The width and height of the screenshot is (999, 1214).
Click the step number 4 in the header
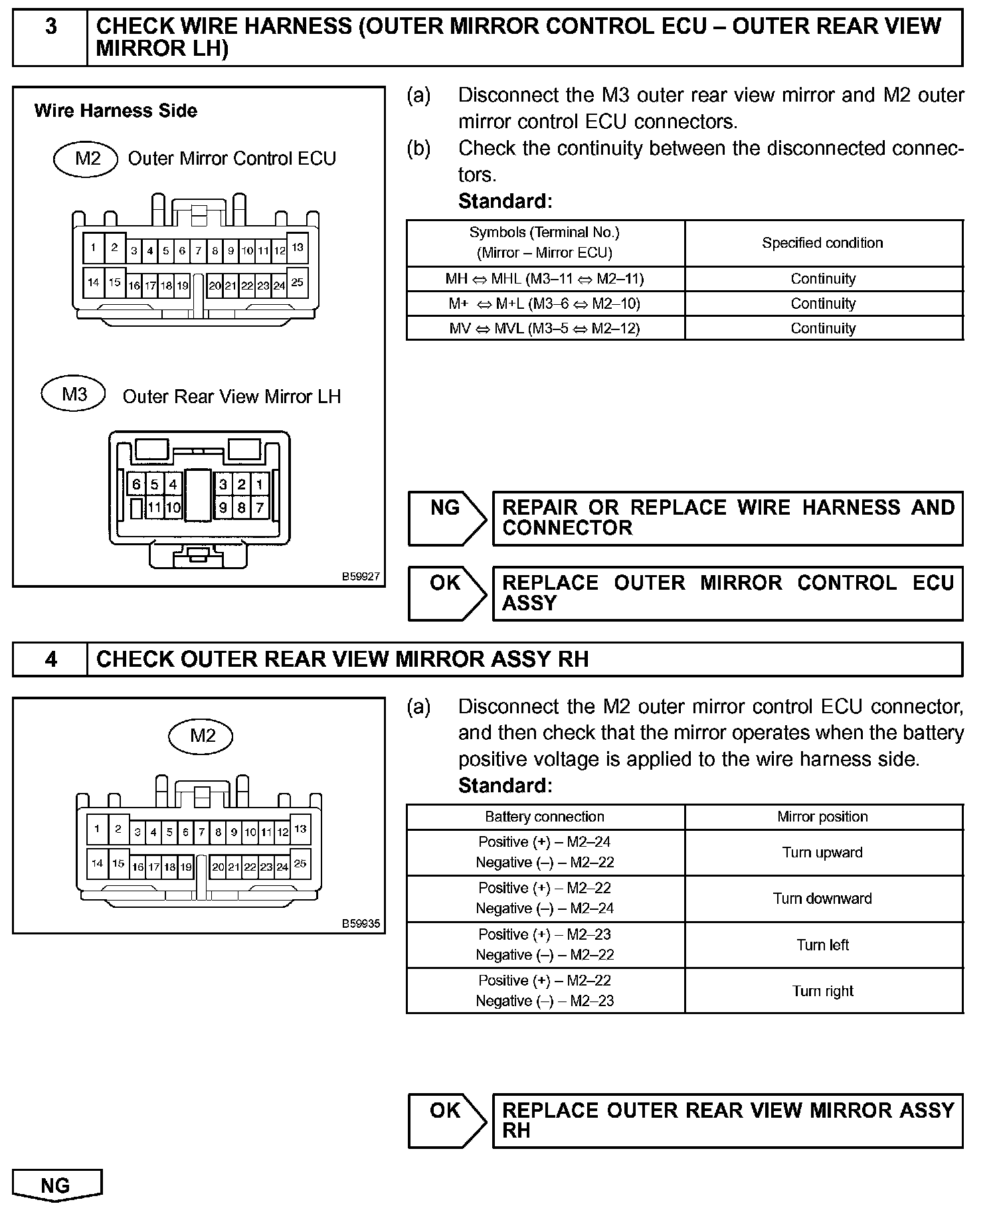50,659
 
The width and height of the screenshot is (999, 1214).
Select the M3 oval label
74,394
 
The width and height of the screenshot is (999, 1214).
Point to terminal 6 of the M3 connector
136,484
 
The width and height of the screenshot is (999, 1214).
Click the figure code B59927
361,577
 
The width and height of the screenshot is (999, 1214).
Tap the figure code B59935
361,924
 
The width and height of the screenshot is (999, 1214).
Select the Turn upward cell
822,853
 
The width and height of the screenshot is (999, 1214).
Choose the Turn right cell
822,992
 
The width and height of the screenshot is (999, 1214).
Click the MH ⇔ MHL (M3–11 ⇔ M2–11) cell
545,279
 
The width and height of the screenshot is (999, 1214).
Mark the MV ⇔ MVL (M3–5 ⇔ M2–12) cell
545,329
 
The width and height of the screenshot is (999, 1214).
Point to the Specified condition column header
822,243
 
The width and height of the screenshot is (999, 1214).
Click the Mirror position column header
822,817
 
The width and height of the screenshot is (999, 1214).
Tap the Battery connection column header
545,817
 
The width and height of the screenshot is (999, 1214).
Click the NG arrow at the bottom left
56,1185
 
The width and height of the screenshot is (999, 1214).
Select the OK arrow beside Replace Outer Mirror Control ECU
446,592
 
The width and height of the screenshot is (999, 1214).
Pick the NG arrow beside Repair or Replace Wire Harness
446,517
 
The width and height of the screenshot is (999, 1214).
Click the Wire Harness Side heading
116,111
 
